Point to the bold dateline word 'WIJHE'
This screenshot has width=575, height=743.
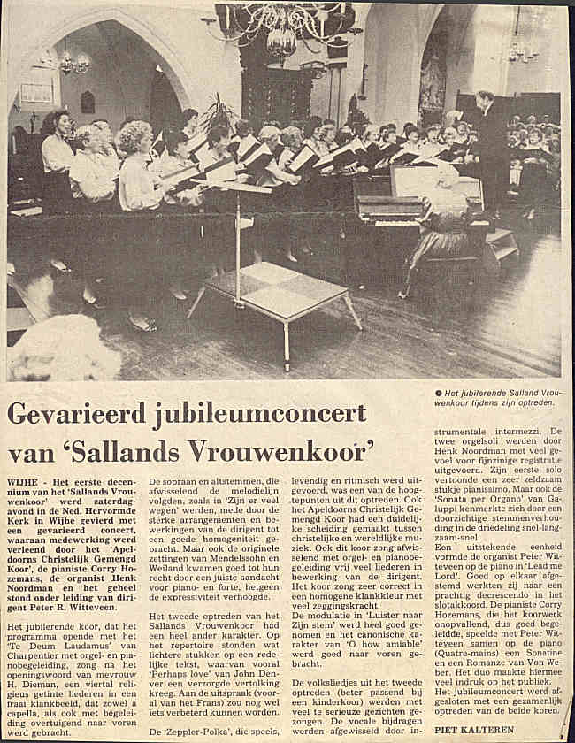pos(24,481)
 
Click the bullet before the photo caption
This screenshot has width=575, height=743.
pos(438,393)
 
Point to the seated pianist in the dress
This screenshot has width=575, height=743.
pos(447,221)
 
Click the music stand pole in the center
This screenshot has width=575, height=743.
pos(237,239)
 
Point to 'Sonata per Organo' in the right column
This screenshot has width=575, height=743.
pos(479,550)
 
